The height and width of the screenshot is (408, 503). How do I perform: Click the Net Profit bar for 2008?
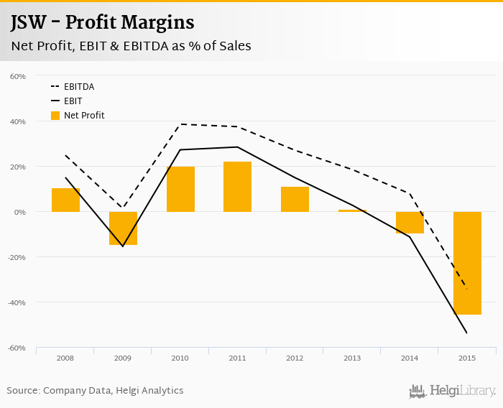click(x=65, y=200)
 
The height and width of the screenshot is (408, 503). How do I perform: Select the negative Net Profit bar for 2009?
click(x=123, y=228)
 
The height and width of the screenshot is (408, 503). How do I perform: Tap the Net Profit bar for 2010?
click(x=180, y=189)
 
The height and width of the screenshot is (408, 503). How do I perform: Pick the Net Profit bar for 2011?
click(x=237, y=187)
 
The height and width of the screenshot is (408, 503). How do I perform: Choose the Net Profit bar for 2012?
click(x=295, y=199)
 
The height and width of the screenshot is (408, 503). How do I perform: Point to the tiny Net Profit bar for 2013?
click(x=352, y=210)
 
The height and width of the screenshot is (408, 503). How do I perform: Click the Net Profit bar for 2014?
click(x=410, y=223)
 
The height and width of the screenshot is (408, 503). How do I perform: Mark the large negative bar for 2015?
click(x=467, y=263)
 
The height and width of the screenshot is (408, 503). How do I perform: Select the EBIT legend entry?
click(x=73, y=101)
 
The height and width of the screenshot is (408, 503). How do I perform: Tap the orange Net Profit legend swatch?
click(x=55, y=115)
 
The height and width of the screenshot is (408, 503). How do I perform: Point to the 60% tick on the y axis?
click(x=18, y=76)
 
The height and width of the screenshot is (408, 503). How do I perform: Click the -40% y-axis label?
click(x=16, y=302)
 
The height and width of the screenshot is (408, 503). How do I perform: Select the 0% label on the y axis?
click(x=19, y=212)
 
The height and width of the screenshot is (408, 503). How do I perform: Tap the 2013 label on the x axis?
click(x=352, y=357)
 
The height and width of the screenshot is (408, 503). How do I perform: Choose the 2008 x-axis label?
click(x=65, y=357)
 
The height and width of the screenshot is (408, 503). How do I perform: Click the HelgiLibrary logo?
click(x=453, y=391)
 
